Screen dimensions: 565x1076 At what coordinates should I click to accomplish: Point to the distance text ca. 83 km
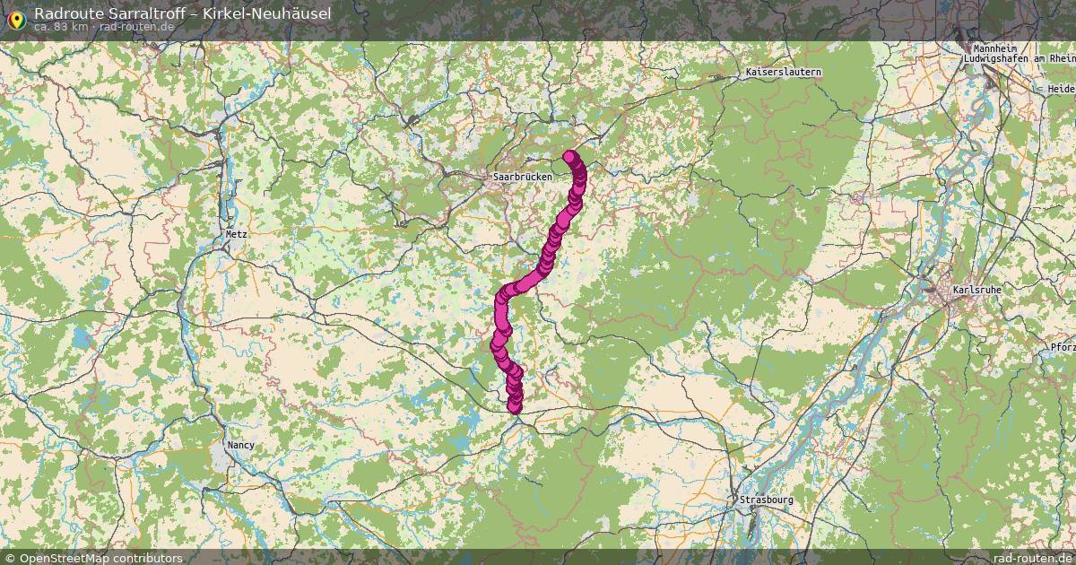[x=61, y=27]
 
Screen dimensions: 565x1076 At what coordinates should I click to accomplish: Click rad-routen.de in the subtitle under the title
[x=136, y=27]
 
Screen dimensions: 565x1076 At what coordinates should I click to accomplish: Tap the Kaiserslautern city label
[x=783, y=72]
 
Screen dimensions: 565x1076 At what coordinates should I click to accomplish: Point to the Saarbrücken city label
[x=523, y=177]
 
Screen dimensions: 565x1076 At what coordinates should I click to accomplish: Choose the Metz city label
[x=236, y=233]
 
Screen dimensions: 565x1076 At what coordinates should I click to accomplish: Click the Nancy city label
[x=240, y=444]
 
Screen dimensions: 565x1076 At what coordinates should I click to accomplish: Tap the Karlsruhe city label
[x=977, y=291]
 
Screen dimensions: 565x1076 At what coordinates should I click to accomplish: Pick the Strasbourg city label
[x=767, y=500]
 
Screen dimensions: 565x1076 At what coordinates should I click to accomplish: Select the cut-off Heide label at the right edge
[x=1061, y=90]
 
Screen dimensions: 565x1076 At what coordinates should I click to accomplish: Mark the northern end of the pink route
[x=569, y=157]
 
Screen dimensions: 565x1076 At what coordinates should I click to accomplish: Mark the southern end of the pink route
[x=515, y=407]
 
